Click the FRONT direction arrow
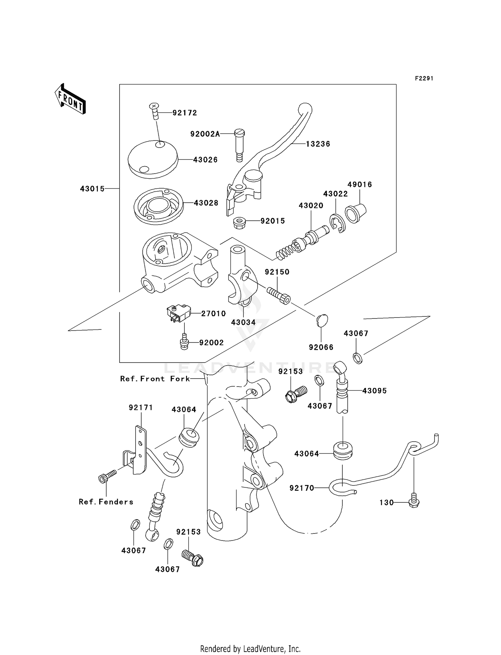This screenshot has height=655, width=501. [70, 99]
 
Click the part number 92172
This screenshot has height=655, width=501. [185, 113]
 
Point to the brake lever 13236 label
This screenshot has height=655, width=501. [318, 144]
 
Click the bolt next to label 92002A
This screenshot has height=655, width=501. [239, 145]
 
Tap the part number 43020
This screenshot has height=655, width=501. [311, 206]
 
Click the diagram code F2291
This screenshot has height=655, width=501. [424, 78]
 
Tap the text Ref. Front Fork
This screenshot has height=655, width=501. [155, 379]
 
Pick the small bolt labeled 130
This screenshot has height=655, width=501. [414, 502]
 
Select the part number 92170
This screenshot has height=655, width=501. [302, 488]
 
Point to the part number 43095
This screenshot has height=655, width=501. [374, 391]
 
